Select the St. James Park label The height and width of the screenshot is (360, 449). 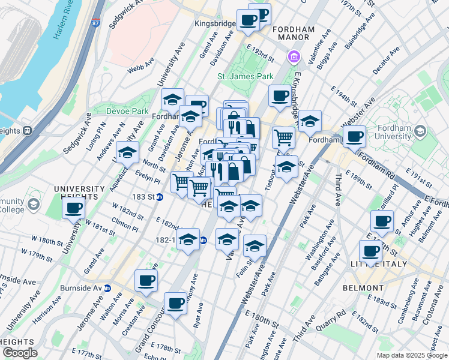click(x=245, y=76)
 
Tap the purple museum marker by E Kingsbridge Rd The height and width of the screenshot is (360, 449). click(x=294, y=58)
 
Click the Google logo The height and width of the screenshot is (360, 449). click(x=20, y=353)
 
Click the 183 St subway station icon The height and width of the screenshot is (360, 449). click(x=160, y=196)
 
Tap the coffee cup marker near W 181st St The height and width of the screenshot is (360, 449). click(x=73, y=208)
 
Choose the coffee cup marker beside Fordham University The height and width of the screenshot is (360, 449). click(x=354, y=137)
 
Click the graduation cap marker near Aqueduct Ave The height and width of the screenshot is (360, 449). click(x=127, y=153)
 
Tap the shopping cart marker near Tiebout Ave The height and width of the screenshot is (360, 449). click(x=283, y=137)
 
